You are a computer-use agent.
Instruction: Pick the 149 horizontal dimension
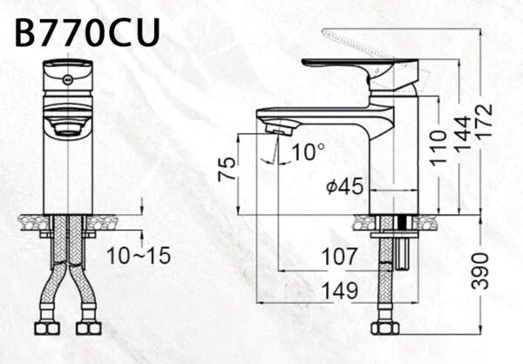(x=335, y=289)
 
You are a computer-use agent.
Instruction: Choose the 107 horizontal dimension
(x=336, y=257)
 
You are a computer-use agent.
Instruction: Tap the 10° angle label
(x=307, y=153)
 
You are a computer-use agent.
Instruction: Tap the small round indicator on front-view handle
(x=66, y=78)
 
